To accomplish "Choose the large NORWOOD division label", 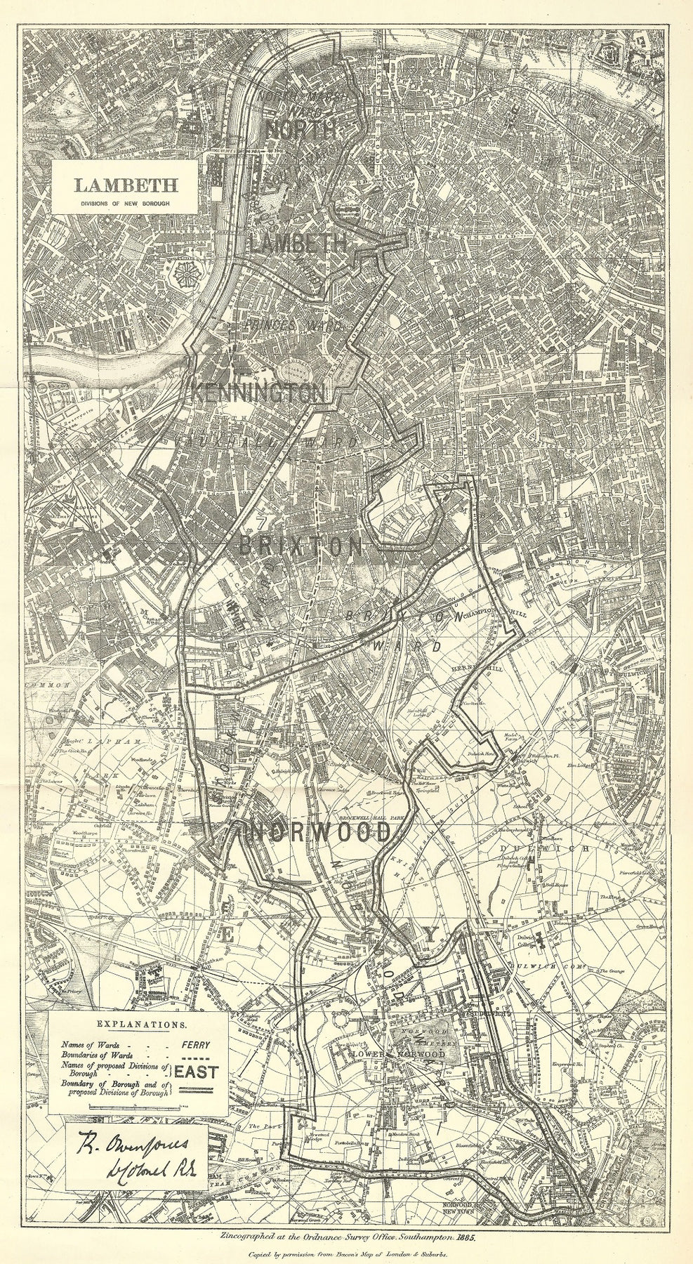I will point(318,834).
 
